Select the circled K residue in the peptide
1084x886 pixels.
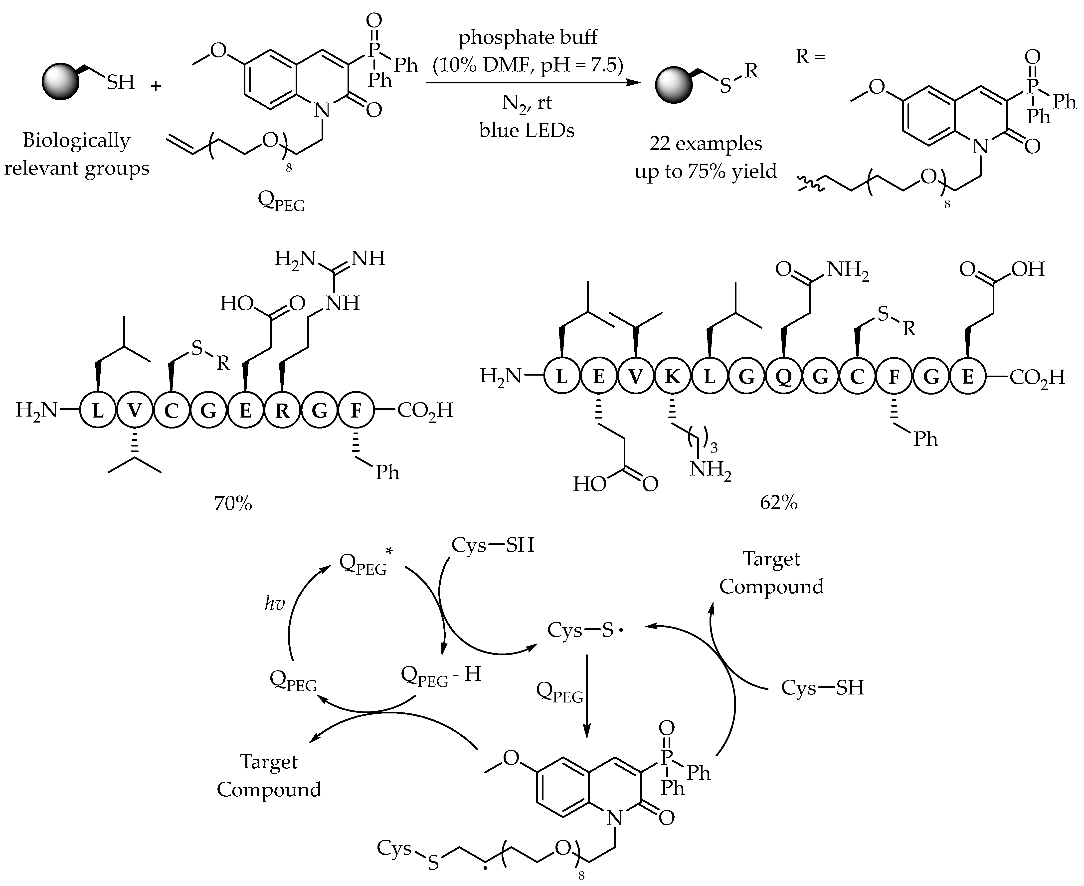672,377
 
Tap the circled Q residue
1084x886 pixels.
783,377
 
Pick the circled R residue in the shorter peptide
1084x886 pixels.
282,410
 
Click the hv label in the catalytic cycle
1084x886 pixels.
274,604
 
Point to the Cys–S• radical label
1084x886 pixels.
585,630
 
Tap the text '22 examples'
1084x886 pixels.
706,144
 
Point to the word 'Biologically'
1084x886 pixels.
76,140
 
